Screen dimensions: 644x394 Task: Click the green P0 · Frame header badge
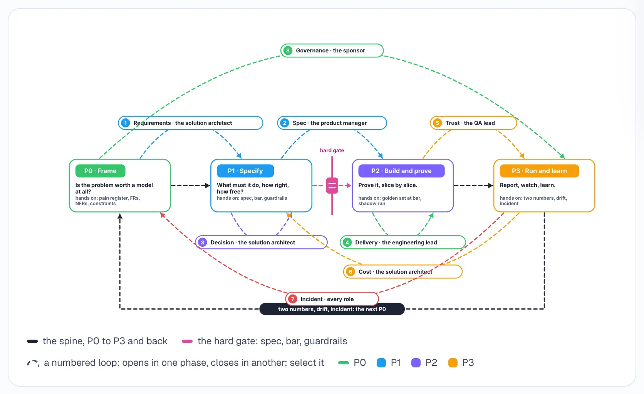coord(101,171)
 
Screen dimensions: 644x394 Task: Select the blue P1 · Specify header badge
coord(245,171)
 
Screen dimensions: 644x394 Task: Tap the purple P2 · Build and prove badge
coord(401,171)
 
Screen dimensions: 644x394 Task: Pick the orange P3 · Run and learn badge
coord(539,171)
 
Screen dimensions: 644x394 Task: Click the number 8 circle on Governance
coord(288,51)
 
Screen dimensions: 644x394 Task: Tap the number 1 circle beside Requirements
coord(125,123)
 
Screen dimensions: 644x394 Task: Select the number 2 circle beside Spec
coord(285,123)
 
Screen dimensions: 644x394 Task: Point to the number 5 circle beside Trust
coord(437,123)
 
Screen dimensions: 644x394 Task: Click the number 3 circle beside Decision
coord(202,242)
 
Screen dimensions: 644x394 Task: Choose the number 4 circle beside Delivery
coord(347,242)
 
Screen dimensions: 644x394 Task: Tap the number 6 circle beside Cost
coord(351,272)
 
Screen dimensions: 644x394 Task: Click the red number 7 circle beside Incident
coord(293,299)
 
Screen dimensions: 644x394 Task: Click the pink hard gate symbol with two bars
coord(332,186)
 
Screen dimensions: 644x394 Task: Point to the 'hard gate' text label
coord(332,150)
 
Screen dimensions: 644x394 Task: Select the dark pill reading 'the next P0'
coord(332,310)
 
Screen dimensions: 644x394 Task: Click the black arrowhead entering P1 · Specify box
coord(208,186)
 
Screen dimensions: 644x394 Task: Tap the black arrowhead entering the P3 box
coord(491,186)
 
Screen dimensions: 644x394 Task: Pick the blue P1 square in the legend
coord(381,363)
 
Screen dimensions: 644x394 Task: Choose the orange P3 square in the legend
coord(453,363)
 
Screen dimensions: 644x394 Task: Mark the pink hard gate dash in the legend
coord(187,341)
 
